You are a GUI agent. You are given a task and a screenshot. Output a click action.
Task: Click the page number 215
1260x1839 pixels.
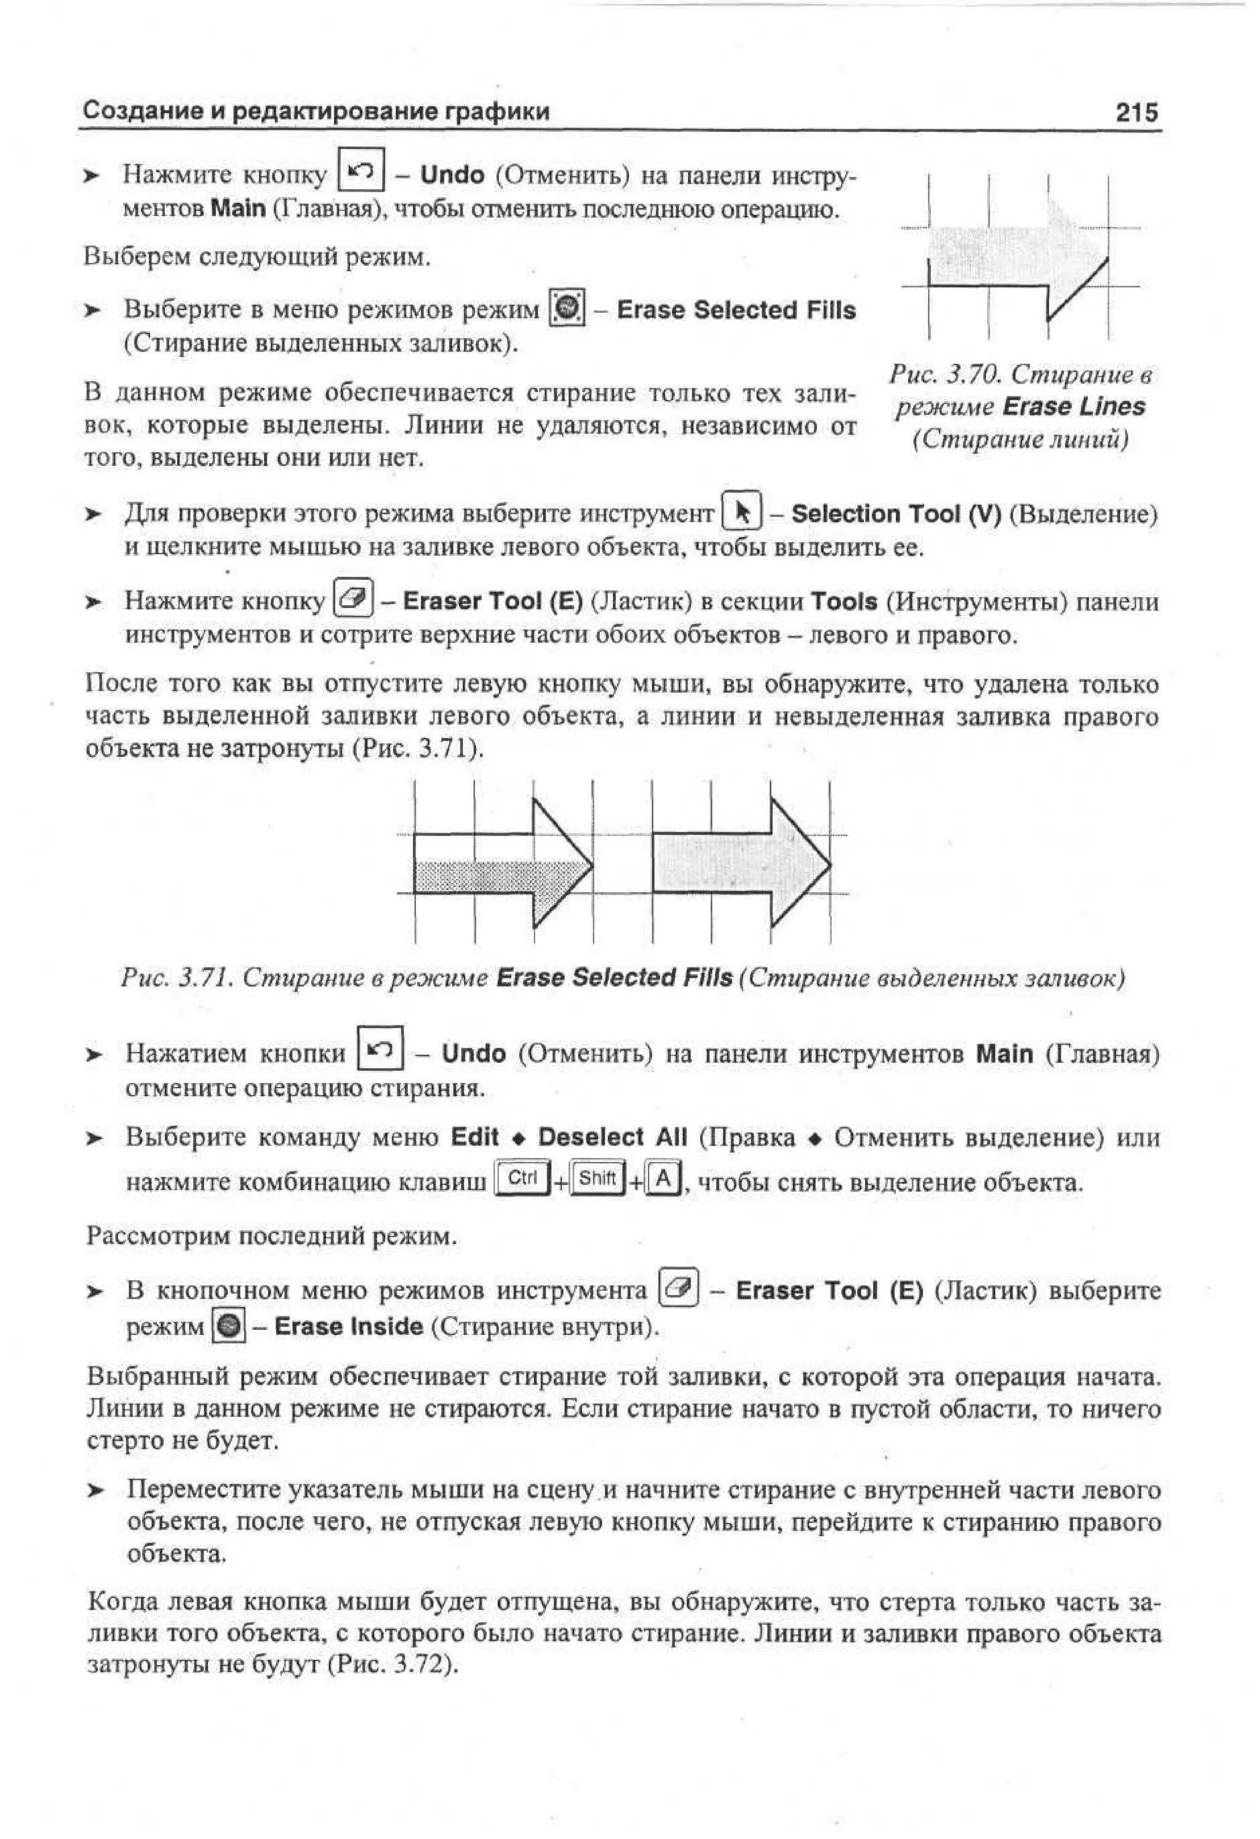1136,111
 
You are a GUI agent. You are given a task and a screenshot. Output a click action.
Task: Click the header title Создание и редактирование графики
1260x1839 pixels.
316,111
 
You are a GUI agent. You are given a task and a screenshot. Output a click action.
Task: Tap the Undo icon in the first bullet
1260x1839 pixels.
362,169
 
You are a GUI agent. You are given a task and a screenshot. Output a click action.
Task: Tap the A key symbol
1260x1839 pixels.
663,1180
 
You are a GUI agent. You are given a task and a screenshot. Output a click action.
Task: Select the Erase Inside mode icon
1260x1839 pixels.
229,1326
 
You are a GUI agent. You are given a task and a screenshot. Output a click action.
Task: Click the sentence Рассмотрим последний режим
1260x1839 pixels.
271,1236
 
